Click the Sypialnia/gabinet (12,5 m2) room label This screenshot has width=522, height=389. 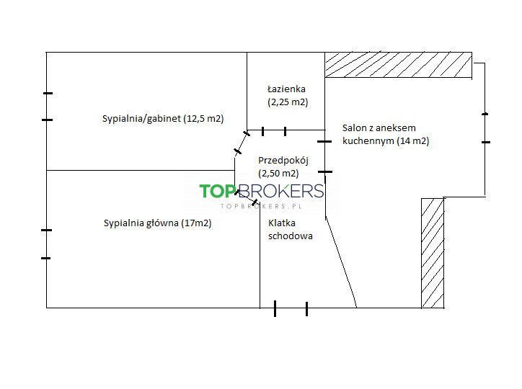[x=163, y=119]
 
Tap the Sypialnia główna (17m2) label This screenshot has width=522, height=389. [x=157, y=223]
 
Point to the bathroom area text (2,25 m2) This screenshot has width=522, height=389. [x=287, y=102]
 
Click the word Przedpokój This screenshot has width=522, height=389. [x=278, y=161]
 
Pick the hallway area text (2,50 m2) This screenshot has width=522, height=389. [x=278, y=173]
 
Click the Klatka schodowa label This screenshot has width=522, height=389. [x=290, y=229]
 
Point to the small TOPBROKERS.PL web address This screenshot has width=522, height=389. [x=261, y=206]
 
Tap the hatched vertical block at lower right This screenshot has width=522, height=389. [x=432, y=253]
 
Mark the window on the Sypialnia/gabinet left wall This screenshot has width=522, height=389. [x=47, y=107]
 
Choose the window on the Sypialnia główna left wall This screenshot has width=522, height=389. [x=47, y=243]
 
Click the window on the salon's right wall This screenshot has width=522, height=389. [x=485, y=128]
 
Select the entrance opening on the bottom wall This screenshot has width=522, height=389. [x=291, y=308]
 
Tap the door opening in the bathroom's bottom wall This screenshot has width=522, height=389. [x=274, y=131]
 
